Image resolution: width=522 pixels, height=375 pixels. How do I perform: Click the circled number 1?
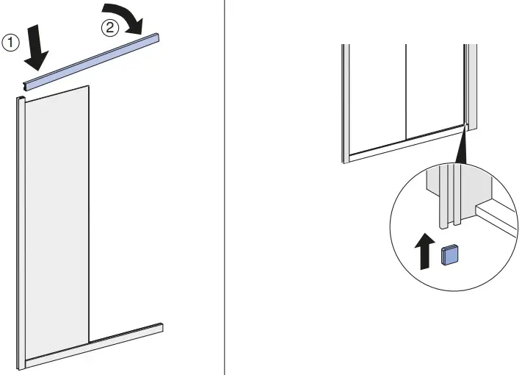pyautogui.click(x=10, y=43)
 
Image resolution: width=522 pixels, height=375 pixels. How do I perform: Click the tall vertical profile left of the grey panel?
pyautogui.click(x=21, y=228)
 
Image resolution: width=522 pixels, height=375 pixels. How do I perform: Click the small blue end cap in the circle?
pyautogui.click(x=449, y=254)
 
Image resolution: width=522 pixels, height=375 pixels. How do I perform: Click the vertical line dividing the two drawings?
pyautogui.click(x=224, y=187)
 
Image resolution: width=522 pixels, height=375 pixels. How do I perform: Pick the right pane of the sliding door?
pyautogui.click(x=435, y=88)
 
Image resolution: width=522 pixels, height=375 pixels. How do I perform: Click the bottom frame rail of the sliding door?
pyautogui.click(x=404, y=143)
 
